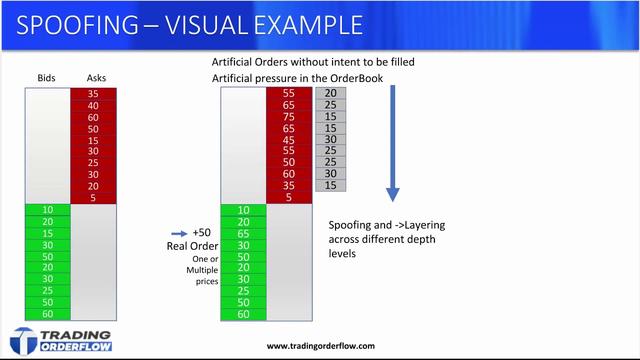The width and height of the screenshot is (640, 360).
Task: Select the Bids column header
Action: point(47,78)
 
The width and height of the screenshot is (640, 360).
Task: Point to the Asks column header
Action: point(98,78)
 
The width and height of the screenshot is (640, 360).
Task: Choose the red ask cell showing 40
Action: point(93,105)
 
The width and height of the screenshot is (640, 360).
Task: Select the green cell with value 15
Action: point(47,232)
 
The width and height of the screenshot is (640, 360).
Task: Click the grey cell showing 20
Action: point(330,94)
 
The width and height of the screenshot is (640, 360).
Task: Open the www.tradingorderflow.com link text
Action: point(321,346)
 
